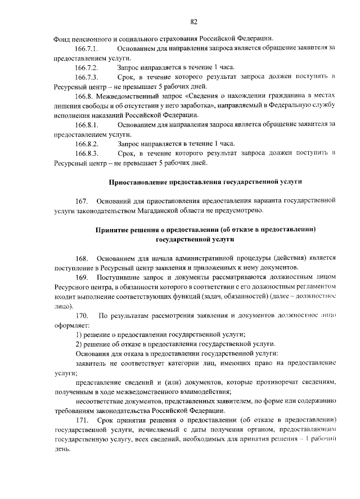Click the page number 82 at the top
[x=193, y=22]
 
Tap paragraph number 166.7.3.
[x=87, y=77]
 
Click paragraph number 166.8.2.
[x=87, y=143]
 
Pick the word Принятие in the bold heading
[x=112, y=230]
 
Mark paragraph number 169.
[x=82, y=277]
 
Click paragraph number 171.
[x=82, y=420]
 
